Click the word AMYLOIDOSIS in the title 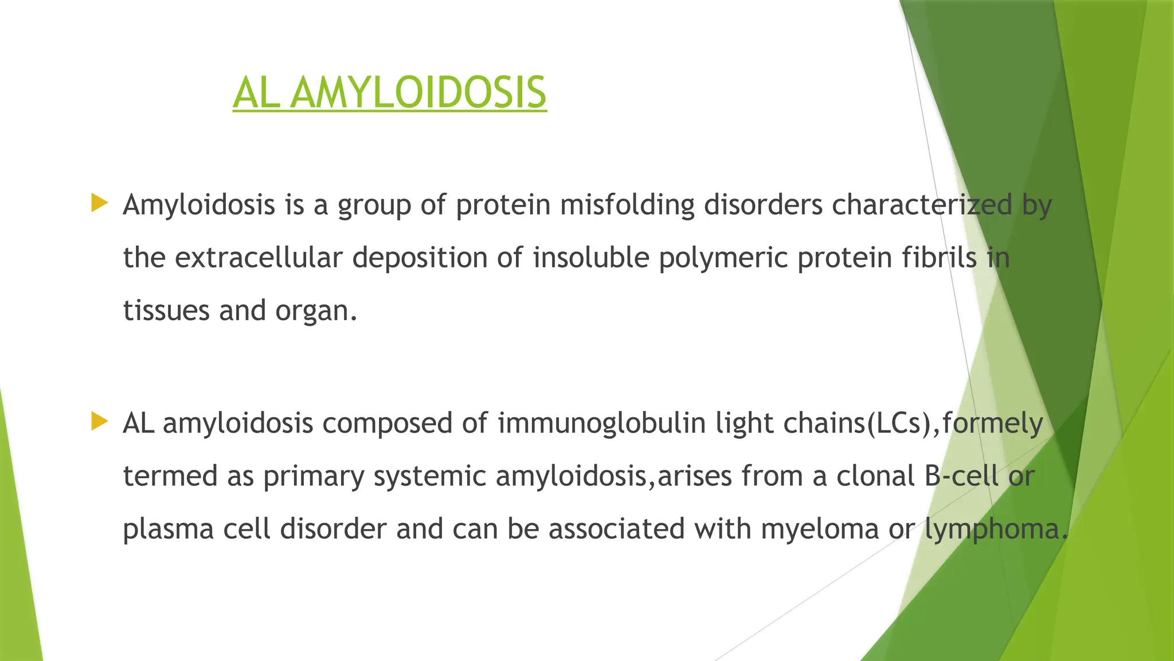418,93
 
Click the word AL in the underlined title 256,93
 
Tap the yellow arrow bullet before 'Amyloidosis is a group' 99,203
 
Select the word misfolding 627,205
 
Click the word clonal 875,476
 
